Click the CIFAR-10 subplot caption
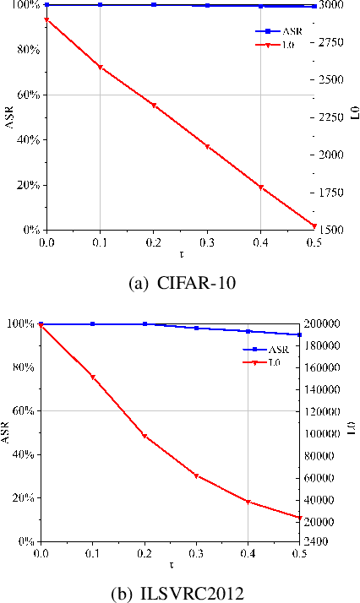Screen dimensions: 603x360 [179, 281]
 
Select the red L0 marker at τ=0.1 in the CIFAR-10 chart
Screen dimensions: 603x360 [100, 67]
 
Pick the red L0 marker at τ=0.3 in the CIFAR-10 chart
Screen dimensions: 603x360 [207, 147]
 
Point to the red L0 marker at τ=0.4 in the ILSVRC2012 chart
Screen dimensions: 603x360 [248, 502]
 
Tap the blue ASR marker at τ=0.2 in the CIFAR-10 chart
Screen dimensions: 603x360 [154, 5]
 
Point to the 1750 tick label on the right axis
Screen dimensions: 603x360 [333, 192]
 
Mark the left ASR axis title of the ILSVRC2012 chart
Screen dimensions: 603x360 [6, 432]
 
